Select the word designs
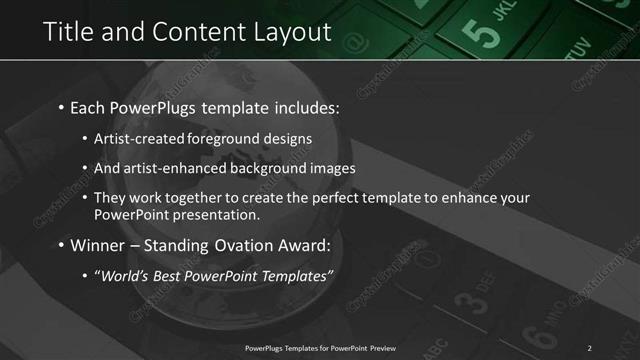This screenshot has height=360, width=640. click(287, 139)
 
